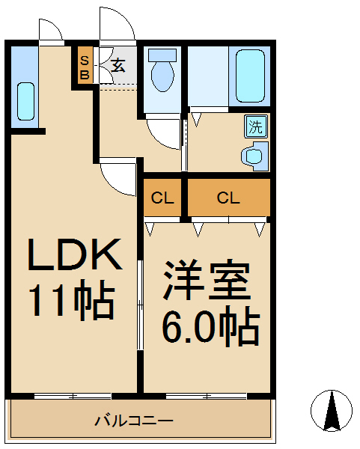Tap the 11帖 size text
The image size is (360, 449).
pyautogui.click(x=71, y=301)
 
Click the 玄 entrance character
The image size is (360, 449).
pyautogui.click(x=118, y=65)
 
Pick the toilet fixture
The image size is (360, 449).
pyautogui.click(x=162, y=72)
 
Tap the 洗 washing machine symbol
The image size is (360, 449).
pyautogui.click(x=255, y=126)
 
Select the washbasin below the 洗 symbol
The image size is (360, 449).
pyautogui.click(x=254, y=156)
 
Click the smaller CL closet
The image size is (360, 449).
pyautogui.click(x=162, y=198)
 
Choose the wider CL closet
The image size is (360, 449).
pyautogui.click(x=228, y=198)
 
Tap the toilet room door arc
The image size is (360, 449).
pyautogui.click(x=162, y=133)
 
